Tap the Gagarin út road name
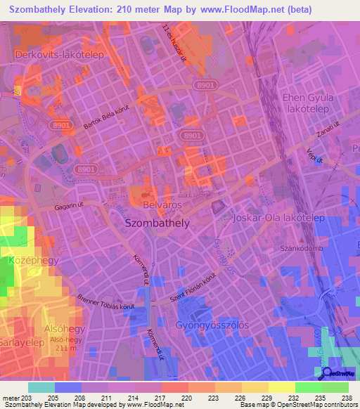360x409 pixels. (70, 209)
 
